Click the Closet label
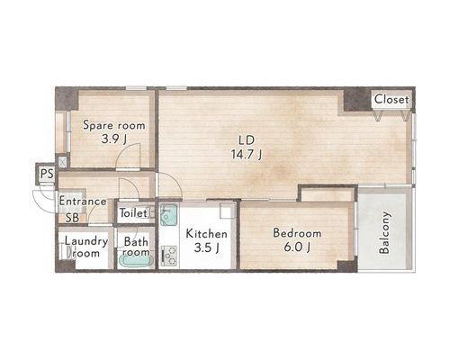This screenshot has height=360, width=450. coord(391,99)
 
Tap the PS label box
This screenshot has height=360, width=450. coord(47,174)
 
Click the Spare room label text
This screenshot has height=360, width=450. coord(114,125)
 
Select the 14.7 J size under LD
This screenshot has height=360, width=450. coord(247,155)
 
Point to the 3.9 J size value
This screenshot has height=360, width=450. coord(113,139)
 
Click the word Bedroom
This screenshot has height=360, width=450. coord(297,233)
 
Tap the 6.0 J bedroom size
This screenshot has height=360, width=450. coord(297,247)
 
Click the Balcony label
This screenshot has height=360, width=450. coord(384,232)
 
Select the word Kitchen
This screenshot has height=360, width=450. coord(206,234)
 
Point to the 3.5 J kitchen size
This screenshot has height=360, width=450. coord(206,247)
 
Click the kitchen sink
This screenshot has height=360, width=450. coord(168,215)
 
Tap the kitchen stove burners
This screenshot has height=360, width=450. coord(169,256)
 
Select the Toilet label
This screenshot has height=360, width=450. coord(133,213)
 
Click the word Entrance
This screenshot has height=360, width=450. coord(83,202)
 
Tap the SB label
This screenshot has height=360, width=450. coord(72,218)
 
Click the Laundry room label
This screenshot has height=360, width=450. coord(86,247)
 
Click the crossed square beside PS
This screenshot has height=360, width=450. coord(62,162)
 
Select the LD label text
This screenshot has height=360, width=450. coord(247,140)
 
